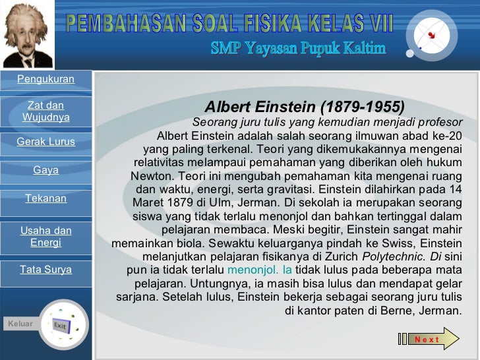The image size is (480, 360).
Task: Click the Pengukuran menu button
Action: (x=45, y=80)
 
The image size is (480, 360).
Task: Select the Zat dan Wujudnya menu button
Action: (x=45, y=111)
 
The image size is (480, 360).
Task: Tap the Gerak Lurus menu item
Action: (x=45, y=142)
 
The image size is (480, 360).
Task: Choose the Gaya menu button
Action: (x=45, y=170)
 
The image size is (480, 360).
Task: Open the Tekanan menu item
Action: (x=45, y=198)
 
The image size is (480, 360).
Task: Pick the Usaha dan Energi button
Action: (x=45, y=237)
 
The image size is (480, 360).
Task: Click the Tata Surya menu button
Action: (x=45, y=270)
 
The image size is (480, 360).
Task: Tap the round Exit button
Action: (x=63, y=325)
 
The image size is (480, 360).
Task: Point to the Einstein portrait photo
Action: (x=26, y=34)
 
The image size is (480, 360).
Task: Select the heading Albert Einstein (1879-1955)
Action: (x=304, y=107)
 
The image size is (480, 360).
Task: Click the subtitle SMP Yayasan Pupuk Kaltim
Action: (x=298, y=48)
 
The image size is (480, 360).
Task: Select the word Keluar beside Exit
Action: (x=20, y=324)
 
